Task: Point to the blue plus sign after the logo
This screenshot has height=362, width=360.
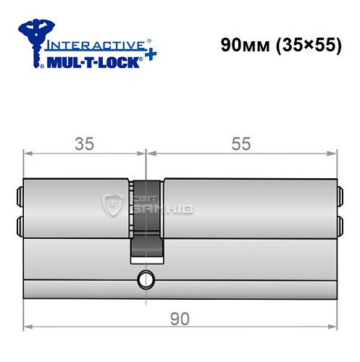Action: (x=148, y=56)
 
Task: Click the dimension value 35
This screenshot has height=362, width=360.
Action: (x=85, y=143)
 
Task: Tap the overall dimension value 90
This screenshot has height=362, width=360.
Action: (x=180, y=317)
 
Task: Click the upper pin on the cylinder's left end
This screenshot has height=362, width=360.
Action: (x=20, y=194)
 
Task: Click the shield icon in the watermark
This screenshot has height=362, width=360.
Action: (x=112, y=205)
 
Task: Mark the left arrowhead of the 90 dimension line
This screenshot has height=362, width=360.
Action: (x=28, y=327)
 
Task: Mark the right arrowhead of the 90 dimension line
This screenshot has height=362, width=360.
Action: (x=334, y=327)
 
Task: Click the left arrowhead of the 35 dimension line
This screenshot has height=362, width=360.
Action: (x=28, y=153)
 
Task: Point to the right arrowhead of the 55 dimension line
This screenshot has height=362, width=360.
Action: (x=334, y=153)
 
